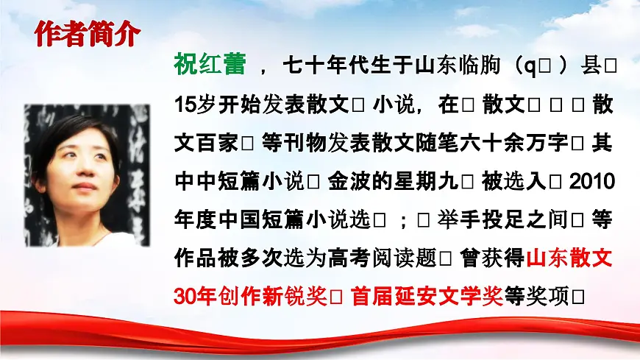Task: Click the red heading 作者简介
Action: point(88,35)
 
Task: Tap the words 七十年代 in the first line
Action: point(331,66)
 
